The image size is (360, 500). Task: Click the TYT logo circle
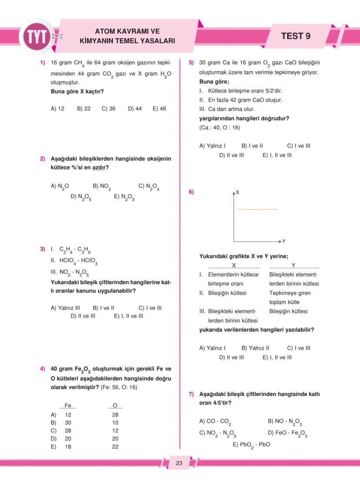click(x=37, y=36)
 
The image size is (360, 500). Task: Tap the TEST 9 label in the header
click(x=296, y=36)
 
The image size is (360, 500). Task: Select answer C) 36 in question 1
click(x=109, y=109)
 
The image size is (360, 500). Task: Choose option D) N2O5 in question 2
click(x=81, y=197)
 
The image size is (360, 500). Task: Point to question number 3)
click(x=43, y=249)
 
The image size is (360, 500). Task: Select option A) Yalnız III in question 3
click(x=65, y=308)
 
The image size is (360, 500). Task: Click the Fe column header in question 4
click(x=68, y=405)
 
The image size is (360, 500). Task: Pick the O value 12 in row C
click(x=115, y=430)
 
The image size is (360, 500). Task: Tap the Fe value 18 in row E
click(x=68, y=447)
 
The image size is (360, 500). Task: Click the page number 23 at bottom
click(x=179, y=463)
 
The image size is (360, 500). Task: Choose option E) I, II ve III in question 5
click(x=277, y=155)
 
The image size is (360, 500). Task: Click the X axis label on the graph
click(x=238, y=192)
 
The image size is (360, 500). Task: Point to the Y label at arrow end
click(x=283, y=241)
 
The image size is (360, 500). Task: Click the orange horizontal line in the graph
click(x=257, y=209)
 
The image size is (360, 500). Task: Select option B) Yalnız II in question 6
click(x=255, y=348)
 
